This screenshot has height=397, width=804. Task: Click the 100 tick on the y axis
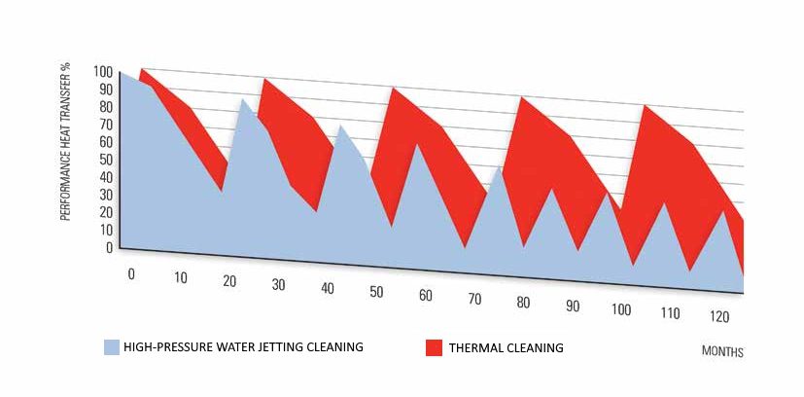(x=101, y=72)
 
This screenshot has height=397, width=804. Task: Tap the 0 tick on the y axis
(x=108, y=247)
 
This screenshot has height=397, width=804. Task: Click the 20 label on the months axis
(x=229, y=282)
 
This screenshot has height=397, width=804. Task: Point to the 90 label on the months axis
(x=573, y=307)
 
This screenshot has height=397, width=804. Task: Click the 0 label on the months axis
(x=131, y=274)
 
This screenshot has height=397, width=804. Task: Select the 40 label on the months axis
(x=327, y=288)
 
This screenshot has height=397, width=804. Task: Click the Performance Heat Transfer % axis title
(x=66, y=140)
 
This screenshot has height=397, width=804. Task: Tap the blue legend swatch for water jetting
(x=111, y=346)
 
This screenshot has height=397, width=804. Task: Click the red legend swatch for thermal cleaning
(x=434, y=346)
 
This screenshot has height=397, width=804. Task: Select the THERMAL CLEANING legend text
(x=507, y=347)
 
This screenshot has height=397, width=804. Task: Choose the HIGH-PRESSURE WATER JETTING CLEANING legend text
(x=243, y=346)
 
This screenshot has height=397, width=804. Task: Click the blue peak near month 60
(x=417, y=144)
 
